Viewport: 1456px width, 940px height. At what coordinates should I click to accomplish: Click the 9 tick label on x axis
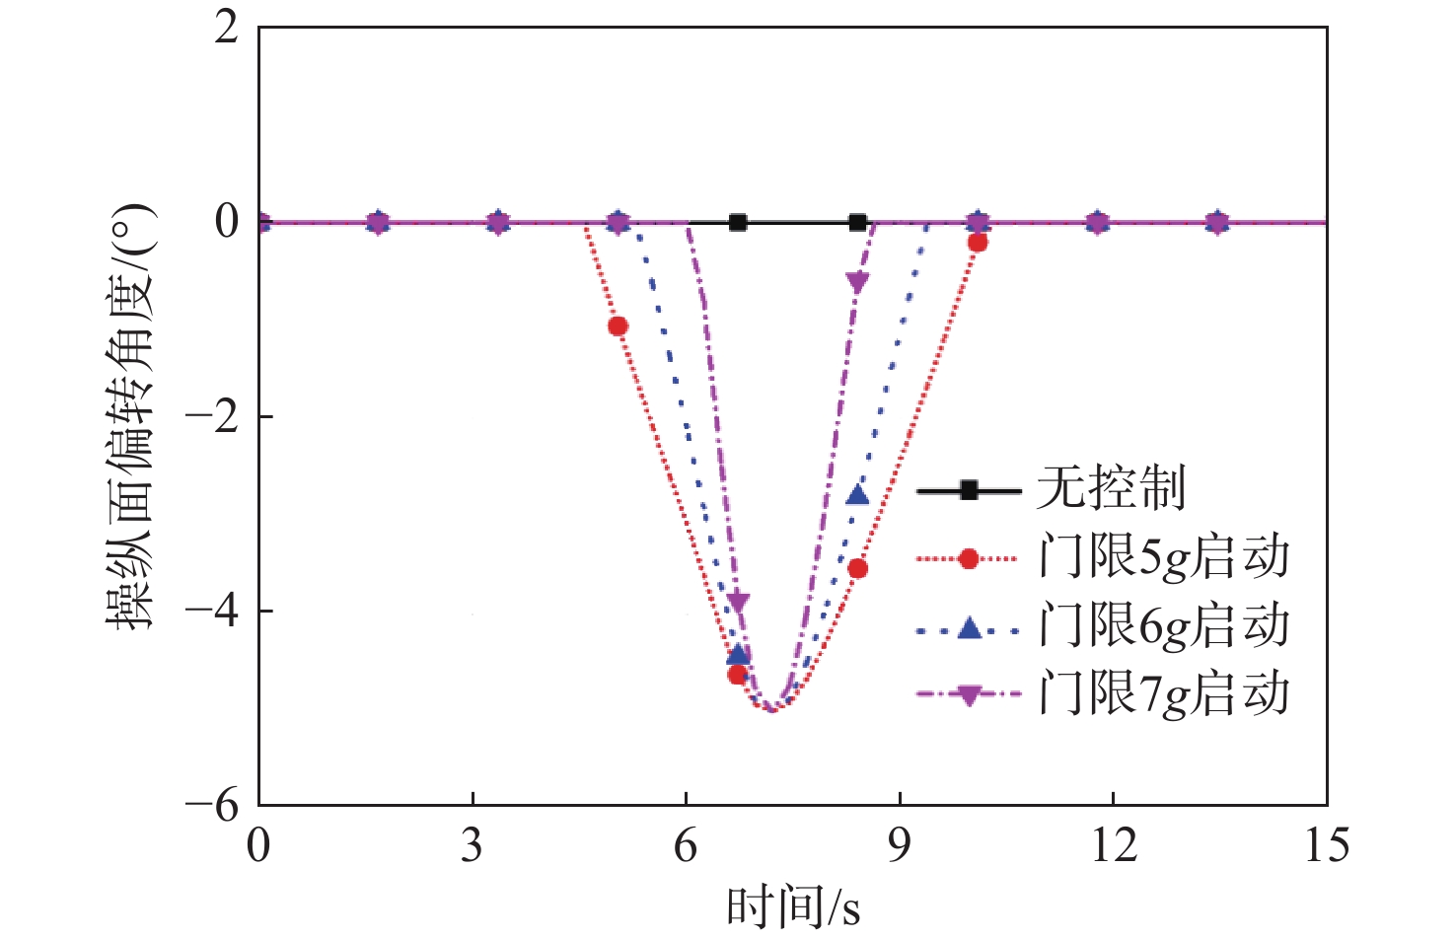pos(899,846)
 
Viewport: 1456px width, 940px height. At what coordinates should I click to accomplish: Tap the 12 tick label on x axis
pos(1113,846)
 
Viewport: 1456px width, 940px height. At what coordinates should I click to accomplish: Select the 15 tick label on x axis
pos(1326,846)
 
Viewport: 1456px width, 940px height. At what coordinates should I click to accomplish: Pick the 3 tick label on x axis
pos(473,846)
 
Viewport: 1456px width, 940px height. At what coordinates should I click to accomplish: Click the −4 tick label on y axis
pos(212,612)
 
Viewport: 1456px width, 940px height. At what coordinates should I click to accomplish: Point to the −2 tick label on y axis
pos(212,417)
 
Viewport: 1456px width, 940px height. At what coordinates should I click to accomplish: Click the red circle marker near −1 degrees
pos(618,326)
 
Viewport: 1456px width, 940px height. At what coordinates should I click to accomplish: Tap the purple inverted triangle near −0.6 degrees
pos(857,283)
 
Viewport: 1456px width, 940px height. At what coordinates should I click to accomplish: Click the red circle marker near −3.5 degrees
pos(857,568)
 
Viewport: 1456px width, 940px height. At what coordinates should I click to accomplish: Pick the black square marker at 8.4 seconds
pos(857,223)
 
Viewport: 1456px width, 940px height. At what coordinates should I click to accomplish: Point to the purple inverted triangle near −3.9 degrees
pos(738,603)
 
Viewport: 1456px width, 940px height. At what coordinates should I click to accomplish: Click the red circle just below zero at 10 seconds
pos(978,243)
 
